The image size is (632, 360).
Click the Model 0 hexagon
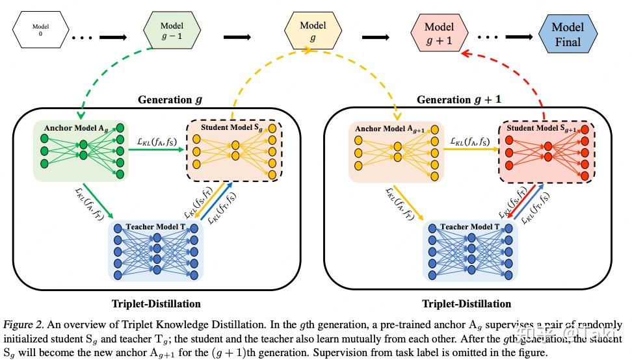pos(37,30)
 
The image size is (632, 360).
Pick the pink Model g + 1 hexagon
pos(439,31)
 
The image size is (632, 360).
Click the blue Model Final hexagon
pos(567,32)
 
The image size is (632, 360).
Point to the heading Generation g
pos(170,100)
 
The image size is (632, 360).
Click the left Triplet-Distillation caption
pos(157,303)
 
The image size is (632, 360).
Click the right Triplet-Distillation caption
pos(466,303)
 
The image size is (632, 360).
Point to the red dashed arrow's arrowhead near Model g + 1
pos(462,56)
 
